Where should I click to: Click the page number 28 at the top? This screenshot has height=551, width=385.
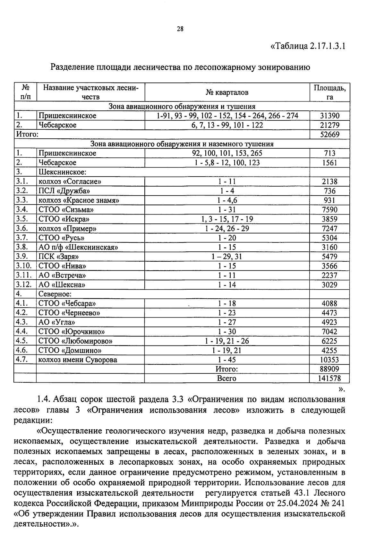(180, 29)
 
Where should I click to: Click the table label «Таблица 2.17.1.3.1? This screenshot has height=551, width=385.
(308, 46)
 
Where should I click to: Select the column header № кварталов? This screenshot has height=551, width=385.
(227, 93)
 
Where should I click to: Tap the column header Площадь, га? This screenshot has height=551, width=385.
(329, 92)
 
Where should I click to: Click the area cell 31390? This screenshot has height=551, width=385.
(329, 116)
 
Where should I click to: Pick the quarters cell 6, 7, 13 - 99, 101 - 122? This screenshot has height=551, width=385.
(227, 125)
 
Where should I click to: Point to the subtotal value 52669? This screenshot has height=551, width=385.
(329, 135)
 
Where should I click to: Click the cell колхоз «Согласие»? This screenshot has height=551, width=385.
(70, 181)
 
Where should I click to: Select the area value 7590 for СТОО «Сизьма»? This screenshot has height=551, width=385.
(329, 210)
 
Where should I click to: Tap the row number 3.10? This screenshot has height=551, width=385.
(24, 266)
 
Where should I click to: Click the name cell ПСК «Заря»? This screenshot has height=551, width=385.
(59, 257)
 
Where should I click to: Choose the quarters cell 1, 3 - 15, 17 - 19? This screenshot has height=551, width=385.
(227, 219)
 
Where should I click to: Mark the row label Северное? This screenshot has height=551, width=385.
(55, 294)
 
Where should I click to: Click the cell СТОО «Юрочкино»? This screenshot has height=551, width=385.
(72, 332)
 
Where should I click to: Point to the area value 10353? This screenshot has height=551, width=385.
(329, 360)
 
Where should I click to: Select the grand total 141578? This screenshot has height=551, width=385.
(329, 379)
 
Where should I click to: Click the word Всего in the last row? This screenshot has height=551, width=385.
(227, 379)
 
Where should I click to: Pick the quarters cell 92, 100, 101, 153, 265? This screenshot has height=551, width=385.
(227, 153)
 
